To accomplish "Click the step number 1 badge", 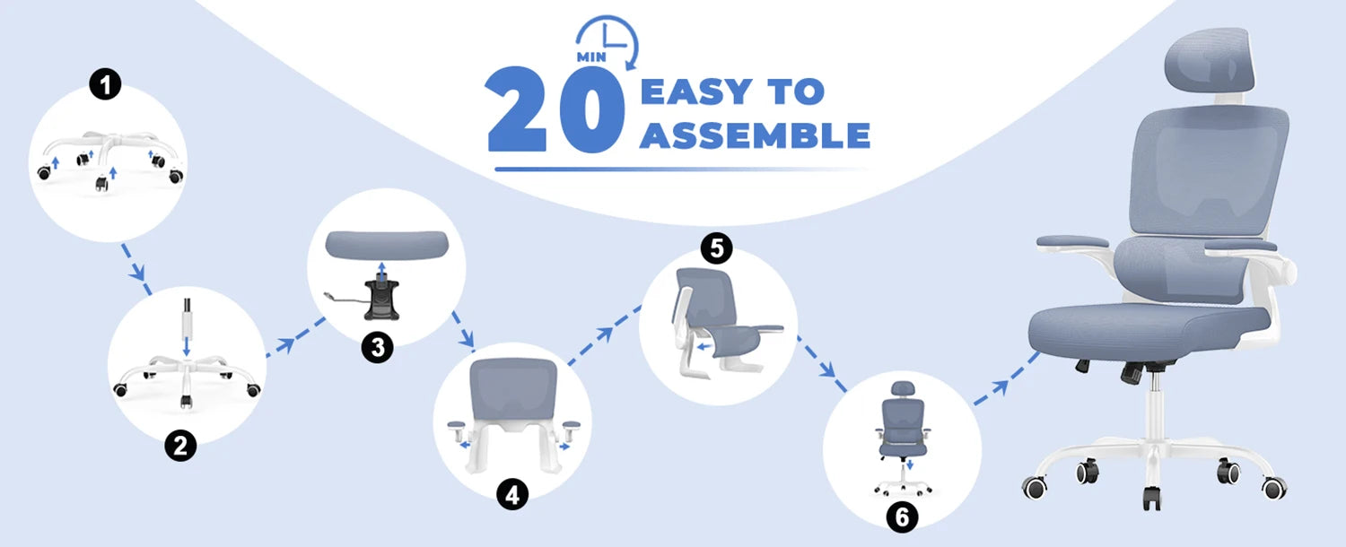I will (x=106, y=86).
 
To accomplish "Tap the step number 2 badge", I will (x=180, y=446).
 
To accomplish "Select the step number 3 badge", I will (x=378, y=347).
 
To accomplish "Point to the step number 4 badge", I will (x=511, y=494).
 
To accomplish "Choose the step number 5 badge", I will (x=715, y=248).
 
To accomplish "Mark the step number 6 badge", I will (x=902, y=517).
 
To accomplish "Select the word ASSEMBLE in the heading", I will (x=755, y=135).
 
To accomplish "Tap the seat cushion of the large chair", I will (x=1138, y=323).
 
